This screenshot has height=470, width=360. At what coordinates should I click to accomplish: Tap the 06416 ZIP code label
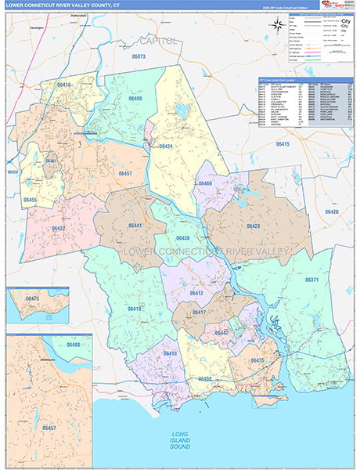pyautogui.click(x=63, y=85)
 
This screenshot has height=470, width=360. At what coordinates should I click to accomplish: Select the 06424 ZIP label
pyautogui.click(x=165, y=146)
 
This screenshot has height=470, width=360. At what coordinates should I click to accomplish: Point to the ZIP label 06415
pyautogui.click(x=282, y=144)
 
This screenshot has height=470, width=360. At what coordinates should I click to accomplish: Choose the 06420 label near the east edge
pyautogui.click(x=332, y=212)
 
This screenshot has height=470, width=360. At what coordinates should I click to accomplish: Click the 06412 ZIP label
pyautogui.click(x=196, y=293)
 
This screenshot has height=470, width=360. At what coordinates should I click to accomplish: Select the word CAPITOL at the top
pyautogui.click(x=159, y=39)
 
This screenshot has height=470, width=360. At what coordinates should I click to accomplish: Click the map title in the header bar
pyautogui.click(x=62, y=6)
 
